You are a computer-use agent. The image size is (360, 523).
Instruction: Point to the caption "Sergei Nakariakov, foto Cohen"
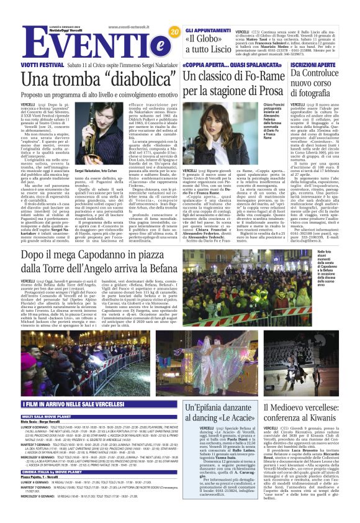coord(96,170)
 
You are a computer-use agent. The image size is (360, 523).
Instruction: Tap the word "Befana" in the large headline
coord(159,267)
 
